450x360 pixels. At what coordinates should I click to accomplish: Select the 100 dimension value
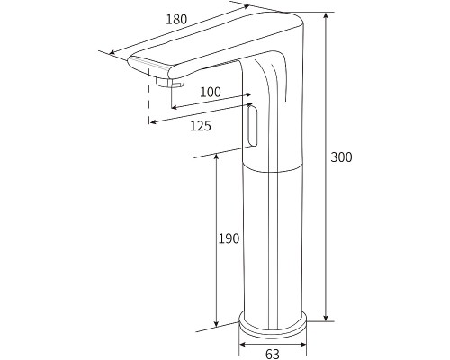pos(210,92)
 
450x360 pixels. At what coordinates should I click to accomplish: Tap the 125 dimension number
pos(201,126)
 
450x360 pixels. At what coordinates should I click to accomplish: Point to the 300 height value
pos(341,157)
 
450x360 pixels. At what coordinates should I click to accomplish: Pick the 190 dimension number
pos(229,238)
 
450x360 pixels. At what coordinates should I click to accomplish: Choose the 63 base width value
pos(273,354)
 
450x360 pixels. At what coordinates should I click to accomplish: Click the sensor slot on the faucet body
pos(251,125)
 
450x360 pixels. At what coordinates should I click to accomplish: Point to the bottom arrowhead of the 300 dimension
pos(325,318)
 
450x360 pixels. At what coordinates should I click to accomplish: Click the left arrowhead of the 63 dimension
pos(242,342)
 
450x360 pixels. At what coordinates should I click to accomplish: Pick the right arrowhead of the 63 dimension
pos(304,342)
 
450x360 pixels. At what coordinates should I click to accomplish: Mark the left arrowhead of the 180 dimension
pos(112,53)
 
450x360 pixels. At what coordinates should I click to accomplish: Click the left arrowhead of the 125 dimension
pos(152,119)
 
